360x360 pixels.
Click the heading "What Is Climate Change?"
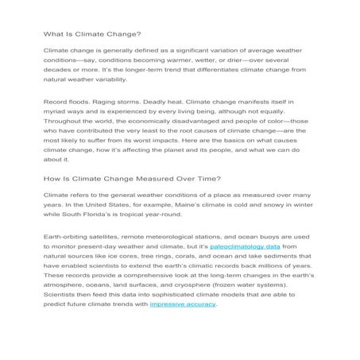pos(91,34)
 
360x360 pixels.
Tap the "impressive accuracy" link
pos(183,304)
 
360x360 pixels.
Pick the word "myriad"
pos(56,114)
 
